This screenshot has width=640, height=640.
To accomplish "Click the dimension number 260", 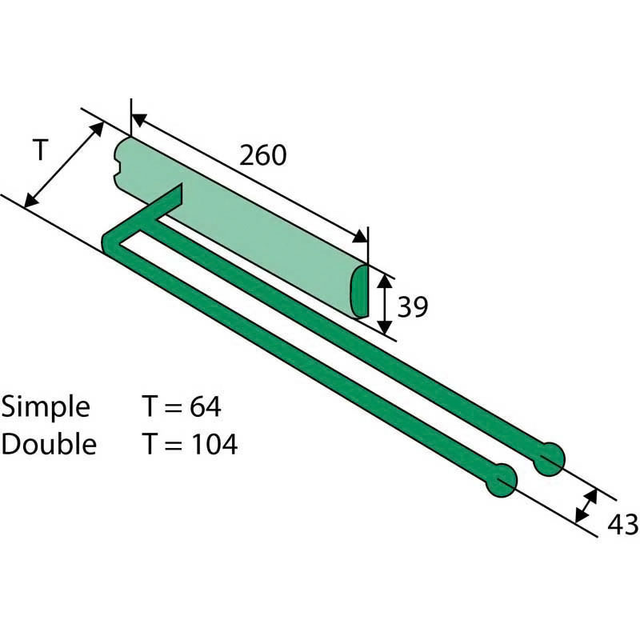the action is point(263,155).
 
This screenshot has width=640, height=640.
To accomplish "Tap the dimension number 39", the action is point(413,307).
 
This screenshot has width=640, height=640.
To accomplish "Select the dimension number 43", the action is point(623,525).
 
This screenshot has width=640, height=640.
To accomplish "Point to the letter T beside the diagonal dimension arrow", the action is point(41,150).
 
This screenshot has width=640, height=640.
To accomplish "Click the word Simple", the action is point(46,408).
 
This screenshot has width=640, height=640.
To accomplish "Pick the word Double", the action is point(49,444).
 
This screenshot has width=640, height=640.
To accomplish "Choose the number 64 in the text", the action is point(206,406).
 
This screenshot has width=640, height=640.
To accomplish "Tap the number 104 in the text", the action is point(214,444).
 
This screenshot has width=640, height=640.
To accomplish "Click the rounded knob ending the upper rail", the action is point(549,459).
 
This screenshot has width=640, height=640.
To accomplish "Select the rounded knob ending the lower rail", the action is point(502,481).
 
